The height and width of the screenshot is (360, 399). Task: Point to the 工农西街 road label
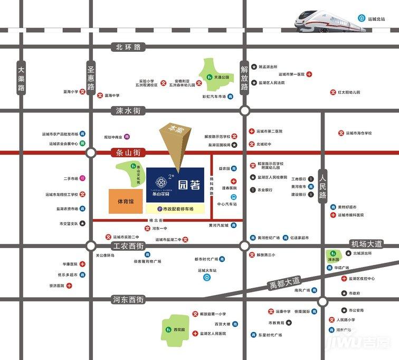(128, 246)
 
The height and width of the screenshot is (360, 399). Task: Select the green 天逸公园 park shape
(216, 76)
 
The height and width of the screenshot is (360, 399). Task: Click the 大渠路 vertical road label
(21, 79)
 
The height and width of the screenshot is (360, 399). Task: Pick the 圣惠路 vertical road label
(91, 79)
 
